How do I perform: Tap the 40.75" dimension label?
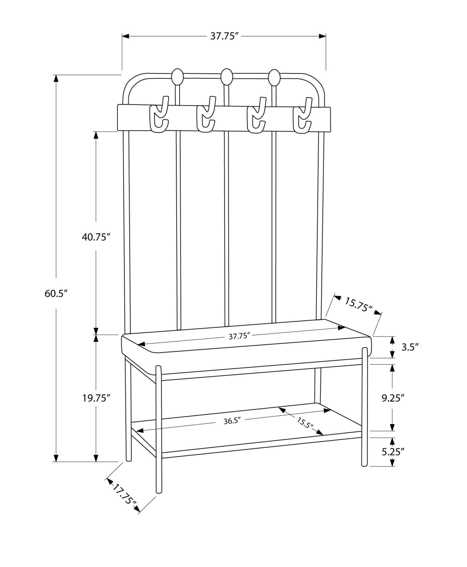tap(96, 237)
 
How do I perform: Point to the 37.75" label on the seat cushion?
tap(239, 336)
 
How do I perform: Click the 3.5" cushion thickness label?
tap(410, 347)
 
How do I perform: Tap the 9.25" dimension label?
tap(392, 398)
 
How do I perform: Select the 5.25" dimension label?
tap(392, 452)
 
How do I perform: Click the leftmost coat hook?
tap(160, 116)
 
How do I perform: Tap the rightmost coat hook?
tap(302, 116)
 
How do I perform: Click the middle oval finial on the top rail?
tap(226, 77)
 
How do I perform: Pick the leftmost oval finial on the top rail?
tap(177, 77)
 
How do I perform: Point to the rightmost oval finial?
tap(274, 77)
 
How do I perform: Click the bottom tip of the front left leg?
tap(159, 490)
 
